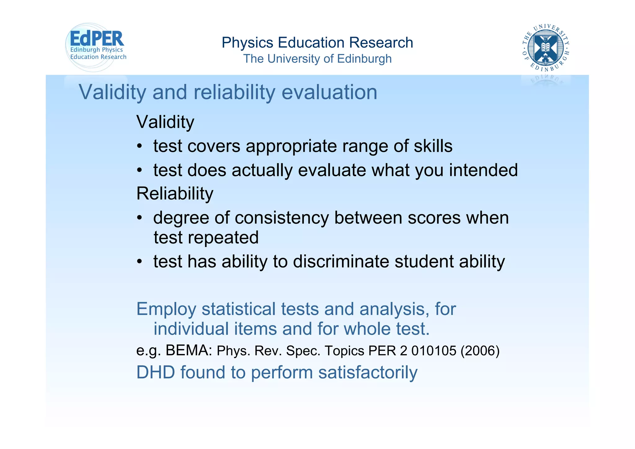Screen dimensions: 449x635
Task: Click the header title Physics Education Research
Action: tap(317, 43)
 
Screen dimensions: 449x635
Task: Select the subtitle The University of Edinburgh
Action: tap(317, 59)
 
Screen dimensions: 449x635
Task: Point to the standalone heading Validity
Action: tap(165, 122)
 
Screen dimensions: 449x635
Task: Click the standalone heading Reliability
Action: tap(175, 194)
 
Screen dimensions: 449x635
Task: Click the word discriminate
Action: tap(341, 261)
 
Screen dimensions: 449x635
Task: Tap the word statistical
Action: tap(238, 309)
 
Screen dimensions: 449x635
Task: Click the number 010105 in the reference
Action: tap(434, 351)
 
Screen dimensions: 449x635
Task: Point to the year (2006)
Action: tap(480, 351)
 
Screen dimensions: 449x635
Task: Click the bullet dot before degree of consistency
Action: tap(140, 218)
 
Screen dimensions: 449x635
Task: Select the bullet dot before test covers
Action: tap(140, 146)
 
